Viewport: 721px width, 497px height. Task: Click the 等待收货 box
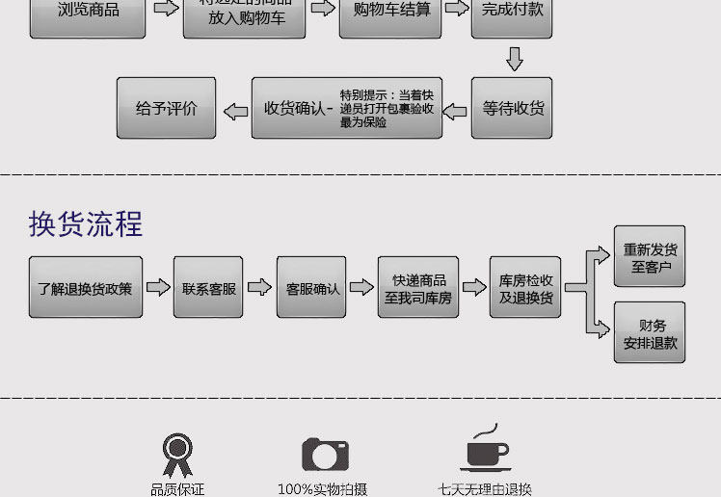[512, 108]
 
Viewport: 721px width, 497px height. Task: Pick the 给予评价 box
[166, 108]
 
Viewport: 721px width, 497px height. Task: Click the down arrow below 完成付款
[514, 59]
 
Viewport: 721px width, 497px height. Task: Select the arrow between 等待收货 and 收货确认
[457, 109]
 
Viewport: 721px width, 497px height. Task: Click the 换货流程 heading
[86, 223]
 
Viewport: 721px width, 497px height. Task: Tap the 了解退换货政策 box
[86, 287]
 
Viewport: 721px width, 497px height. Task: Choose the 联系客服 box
[208, 287]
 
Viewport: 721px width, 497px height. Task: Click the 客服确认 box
[312, 287]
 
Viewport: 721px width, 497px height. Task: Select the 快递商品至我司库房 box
[417, 288]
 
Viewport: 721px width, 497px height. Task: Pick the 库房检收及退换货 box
[525, 288]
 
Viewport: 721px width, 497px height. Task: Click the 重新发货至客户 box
[650, 257]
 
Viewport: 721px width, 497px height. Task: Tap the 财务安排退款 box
[650, 332]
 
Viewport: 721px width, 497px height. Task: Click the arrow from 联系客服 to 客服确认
[259, 287]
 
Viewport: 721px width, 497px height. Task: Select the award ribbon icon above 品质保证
[176, 455]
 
